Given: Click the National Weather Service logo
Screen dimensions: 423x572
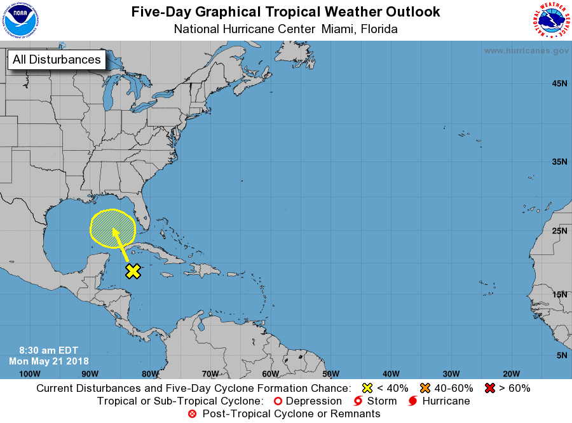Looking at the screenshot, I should click(x=550, y=20).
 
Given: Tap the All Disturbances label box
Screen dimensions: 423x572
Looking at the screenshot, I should click(x=57, y=60).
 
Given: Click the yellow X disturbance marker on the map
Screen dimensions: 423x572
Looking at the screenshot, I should click(x=133, y=271).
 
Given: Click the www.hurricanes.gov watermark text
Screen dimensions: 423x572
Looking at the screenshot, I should click(x=526, y=51).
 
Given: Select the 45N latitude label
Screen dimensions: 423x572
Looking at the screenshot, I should click(x=559, y=83).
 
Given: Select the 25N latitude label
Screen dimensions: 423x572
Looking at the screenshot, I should click(x=559, y=230).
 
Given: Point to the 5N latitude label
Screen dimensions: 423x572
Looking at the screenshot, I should click(x=561, y=355).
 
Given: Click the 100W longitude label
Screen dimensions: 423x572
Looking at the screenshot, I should click(x=30, y=373).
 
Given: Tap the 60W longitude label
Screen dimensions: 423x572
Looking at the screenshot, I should click(x=270, y=373).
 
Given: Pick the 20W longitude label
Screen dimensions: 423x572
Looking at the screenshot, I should click(x=511, y=373).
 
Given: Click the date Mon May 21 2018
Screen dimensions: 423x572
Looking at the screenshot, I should click(x=49, y=361).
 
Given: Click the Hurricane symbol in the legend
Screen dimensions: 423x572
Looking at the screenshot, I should click(x=414, y=401).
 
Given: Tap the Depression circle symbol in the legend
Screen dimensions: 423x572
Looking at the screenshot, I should click(x=277, y=401).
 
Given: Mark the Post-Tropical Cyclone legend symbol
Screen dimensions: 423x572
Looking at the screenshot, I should click(x=193, y=414).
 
